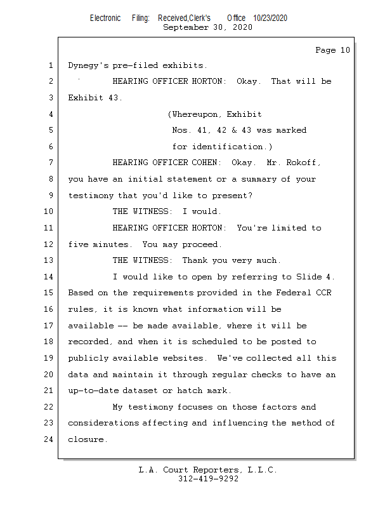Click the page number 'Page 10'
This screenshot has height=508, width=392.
[x=332, y=50]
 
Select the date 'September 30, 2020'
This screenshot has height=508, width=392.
[x=207, y=27]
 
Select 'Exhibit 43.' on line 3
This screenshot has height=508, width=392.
[x=95, y=98]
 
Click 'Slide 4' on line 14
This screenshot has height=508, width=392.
[x=315, y=277]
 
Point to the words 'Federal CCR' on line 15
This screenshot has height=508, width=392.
[x=304, y=293]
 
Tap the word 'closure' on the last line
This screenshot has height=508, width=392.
[x=88, y=439]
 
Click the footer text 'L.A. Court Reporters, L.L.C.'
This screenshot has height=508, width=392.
[x=207, y=470]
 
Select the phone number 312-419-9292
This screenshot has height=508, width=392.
[x=208, y=479]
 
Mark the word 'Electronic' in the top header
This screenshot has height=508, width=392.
[x=105, y=18]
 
